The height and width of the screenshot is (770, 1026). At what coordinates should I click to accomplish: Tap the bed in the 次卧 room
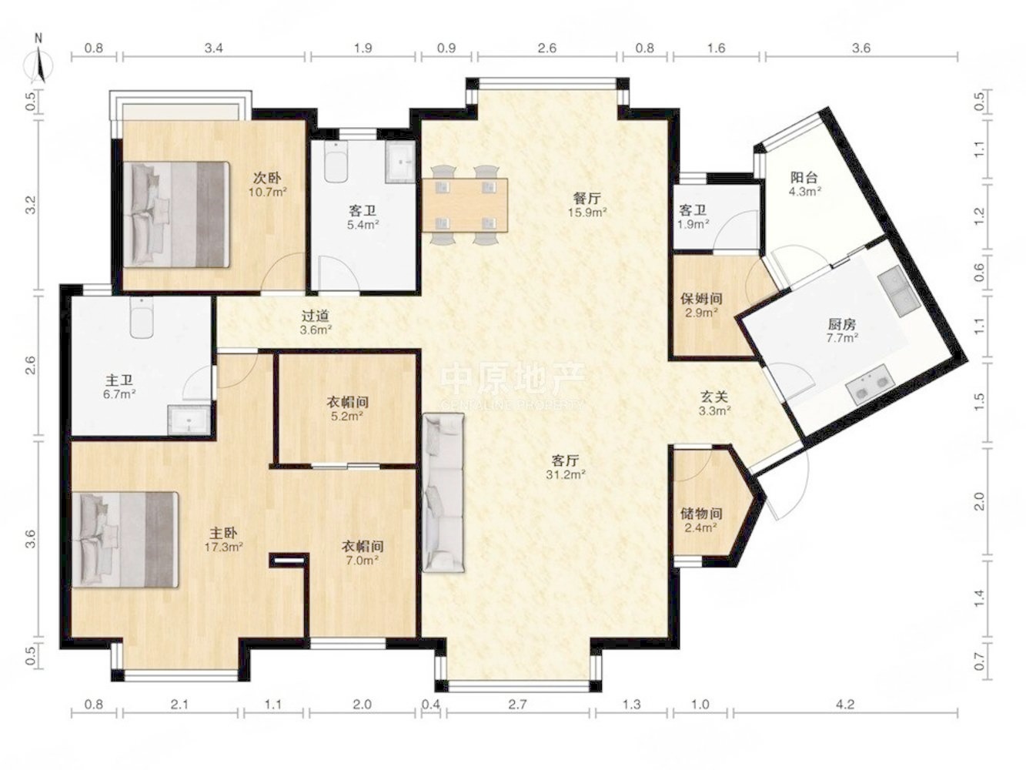point(177,215)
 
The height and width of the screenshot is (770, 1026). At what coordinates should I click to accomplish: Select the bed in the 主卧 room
point(125,540)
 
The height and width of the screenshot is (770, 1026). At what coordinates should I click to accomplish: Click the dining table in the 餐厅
point(465,205)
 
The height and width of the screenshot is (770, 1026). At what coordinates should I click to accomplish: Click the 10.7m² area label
point(267,192)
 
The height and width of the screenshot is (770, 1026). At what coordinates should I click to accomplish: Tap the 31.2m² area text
point(566,475)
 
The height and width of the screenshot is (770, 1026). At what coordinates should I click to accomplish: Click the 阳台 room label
point(804,177)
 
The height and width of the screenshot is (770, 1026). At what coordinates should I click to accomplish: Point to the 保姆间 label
point(701,298)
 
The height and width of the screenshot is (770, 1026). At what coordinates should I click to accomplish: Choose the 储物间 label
point(701,514)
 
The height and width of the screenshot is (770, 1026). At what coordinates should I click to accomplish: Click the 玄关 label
point(714,397)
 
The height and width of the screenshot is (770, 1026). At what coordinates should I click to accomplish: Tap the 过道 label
point(316,316)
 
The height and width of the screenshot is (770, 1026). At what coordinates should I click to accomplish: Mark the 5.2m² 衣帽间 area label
point(347,416)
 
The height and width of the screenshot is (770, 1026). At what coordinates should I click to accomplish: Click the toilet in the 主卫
point(142,318)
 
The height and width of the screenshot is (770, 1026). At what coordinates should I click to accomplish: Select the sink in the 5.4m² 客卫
point(400,162)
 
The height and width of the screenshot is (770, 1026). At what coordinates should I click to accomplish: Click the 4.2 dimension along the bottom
point(844,704)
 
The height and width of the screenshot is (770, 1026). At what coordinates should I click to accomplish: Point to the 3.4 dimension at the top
point(214,49)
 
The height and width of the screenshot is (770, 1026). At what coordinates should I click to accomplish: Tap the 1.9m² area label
point(693,224)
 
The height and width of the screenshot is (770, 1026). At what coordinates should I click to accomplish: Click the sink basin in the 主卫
point(189,420)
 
